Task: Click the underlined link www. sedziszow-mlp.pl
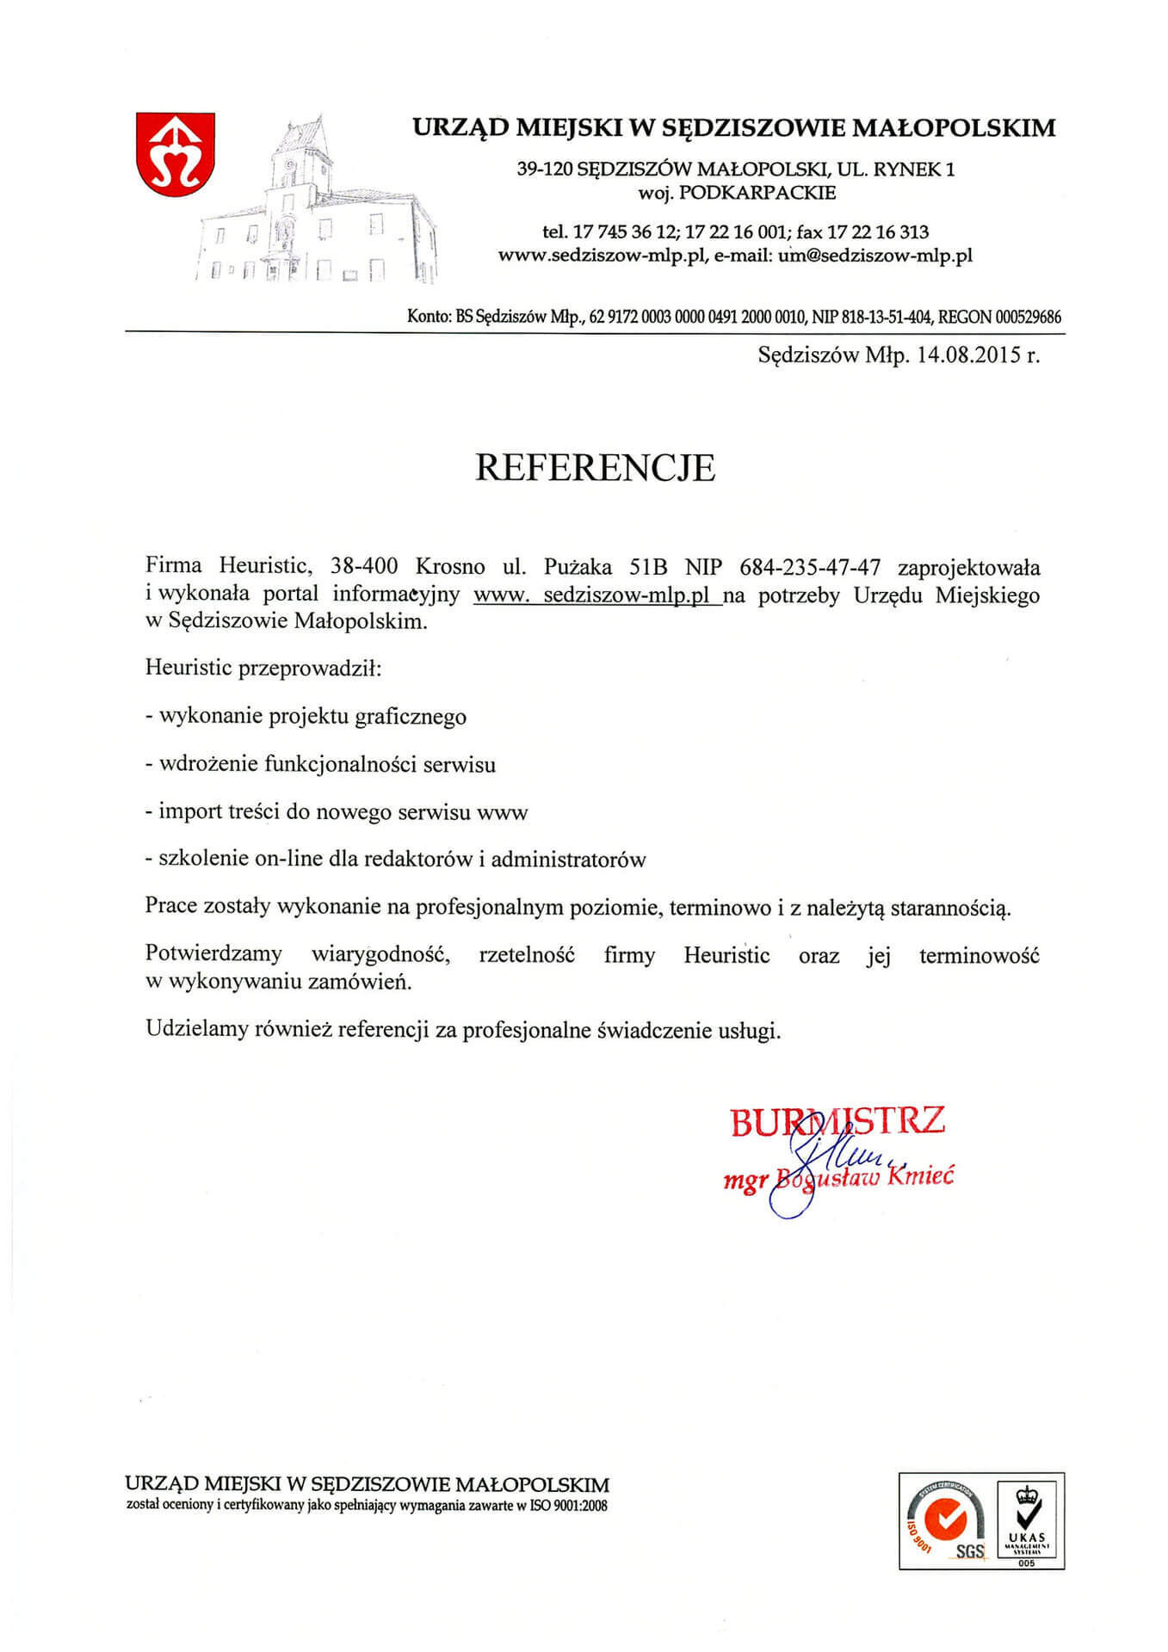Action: click(x=598, y=595)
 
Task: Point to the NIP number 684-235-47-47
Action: click(x=810, y=567)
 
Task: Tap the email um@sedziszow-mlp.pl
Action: click(x=874, y=255)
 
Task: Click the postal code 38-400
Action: click(x=363, y=567)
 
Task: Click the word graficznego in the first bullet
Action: click(x=411, y=717)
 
